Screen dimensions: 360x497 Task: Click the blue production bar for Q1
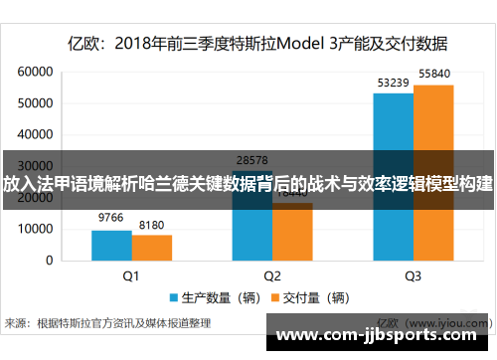[x=111, y=245]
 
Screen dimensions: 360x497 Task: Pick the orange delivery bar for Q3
[x=432, y=172]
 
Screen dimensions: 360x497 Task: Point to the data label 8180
[x=152, y=225]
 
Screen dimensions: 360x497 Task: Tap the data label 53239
[x=392, y=83]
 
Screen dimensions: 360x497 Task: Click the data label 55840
[x=434, y=74]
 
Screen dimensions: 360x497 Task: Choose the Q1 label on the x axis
[x=131, y=275]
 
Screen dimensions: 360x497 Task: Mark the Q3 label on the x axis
[x=413, y=275]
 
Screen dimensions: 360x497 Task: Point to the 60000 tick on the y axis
[x=35, y=73]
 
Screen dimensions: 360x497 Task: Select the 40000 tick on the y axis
[x=35, y=135]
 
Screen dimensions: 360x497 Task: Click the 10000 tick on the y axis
[x=35, y=229]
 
